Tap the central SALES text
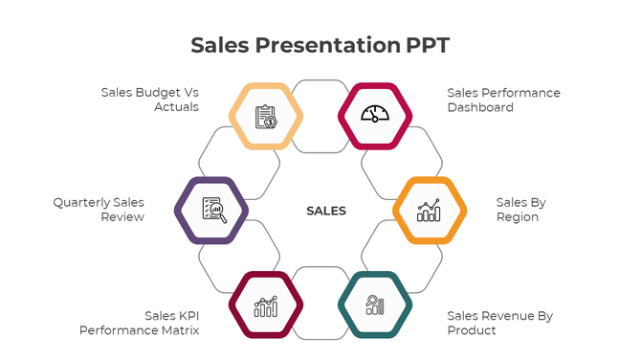[326, 211]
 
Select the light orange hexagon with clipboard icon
[267, 116]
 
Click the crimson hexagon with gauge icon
[375, 116]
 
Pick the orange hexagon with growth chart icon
[430, 211]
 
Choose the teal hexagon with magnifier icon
[375, 305]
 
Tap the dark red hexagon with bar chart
[267, 305]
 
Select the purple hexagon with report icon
[211, 211]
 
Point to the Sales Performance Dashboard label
[503, 100]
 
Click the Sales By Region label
[519, 210]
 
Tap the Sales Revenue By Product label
[499, 323]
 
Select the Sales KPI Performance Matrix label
[140, 323]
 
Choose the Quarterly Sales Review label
[99, 210]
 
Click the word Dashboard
[480, 107]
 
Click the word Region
[518, 217]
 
